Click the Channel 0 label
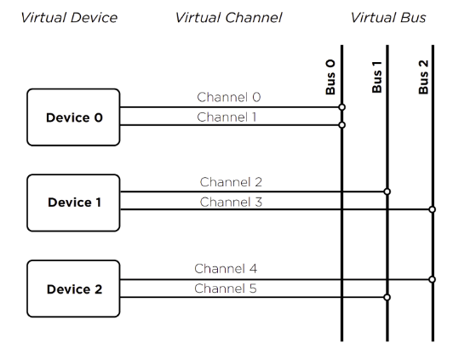pyautogui.click(x=229, y=97)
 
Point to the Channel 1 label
pyautogui.click(x=227, y=117)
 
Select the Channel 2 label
pyautogui.click(x=231, y=182)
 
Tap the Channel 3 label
pyautogui.click(x=231, y=202)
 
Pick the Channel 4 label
pyautogui.click(x=226, y=268)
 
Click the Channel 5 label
pyautogui.click(x=226, y=289)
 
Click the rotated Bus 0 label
pyautogui.click(x=330, y=77)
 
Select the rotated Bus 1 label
pyautogui.click(x=376, y=77)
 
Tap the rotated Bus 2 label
pyautogui.click(x=423, y=77)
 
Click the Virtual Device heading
pyautogui.click(x=69, y=18)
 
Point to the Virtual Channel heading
pyautogui.click(x=228, y=18)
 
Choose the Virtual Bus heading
pyautogui.click(x=388, y=18)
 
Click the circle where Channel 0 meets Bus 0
pyautogui.click(x=341, y=107)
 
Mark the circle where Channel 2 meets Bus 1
pyautogui.click(x=387, y=191)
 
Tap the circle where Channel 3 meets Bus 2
pyautogui.click(x=432, y=209)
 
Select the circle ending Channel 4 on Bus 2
pyautogui.click(x=432, y=280)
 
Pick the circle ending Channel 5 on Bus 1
pyautogui.click(x=387, y=297)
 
